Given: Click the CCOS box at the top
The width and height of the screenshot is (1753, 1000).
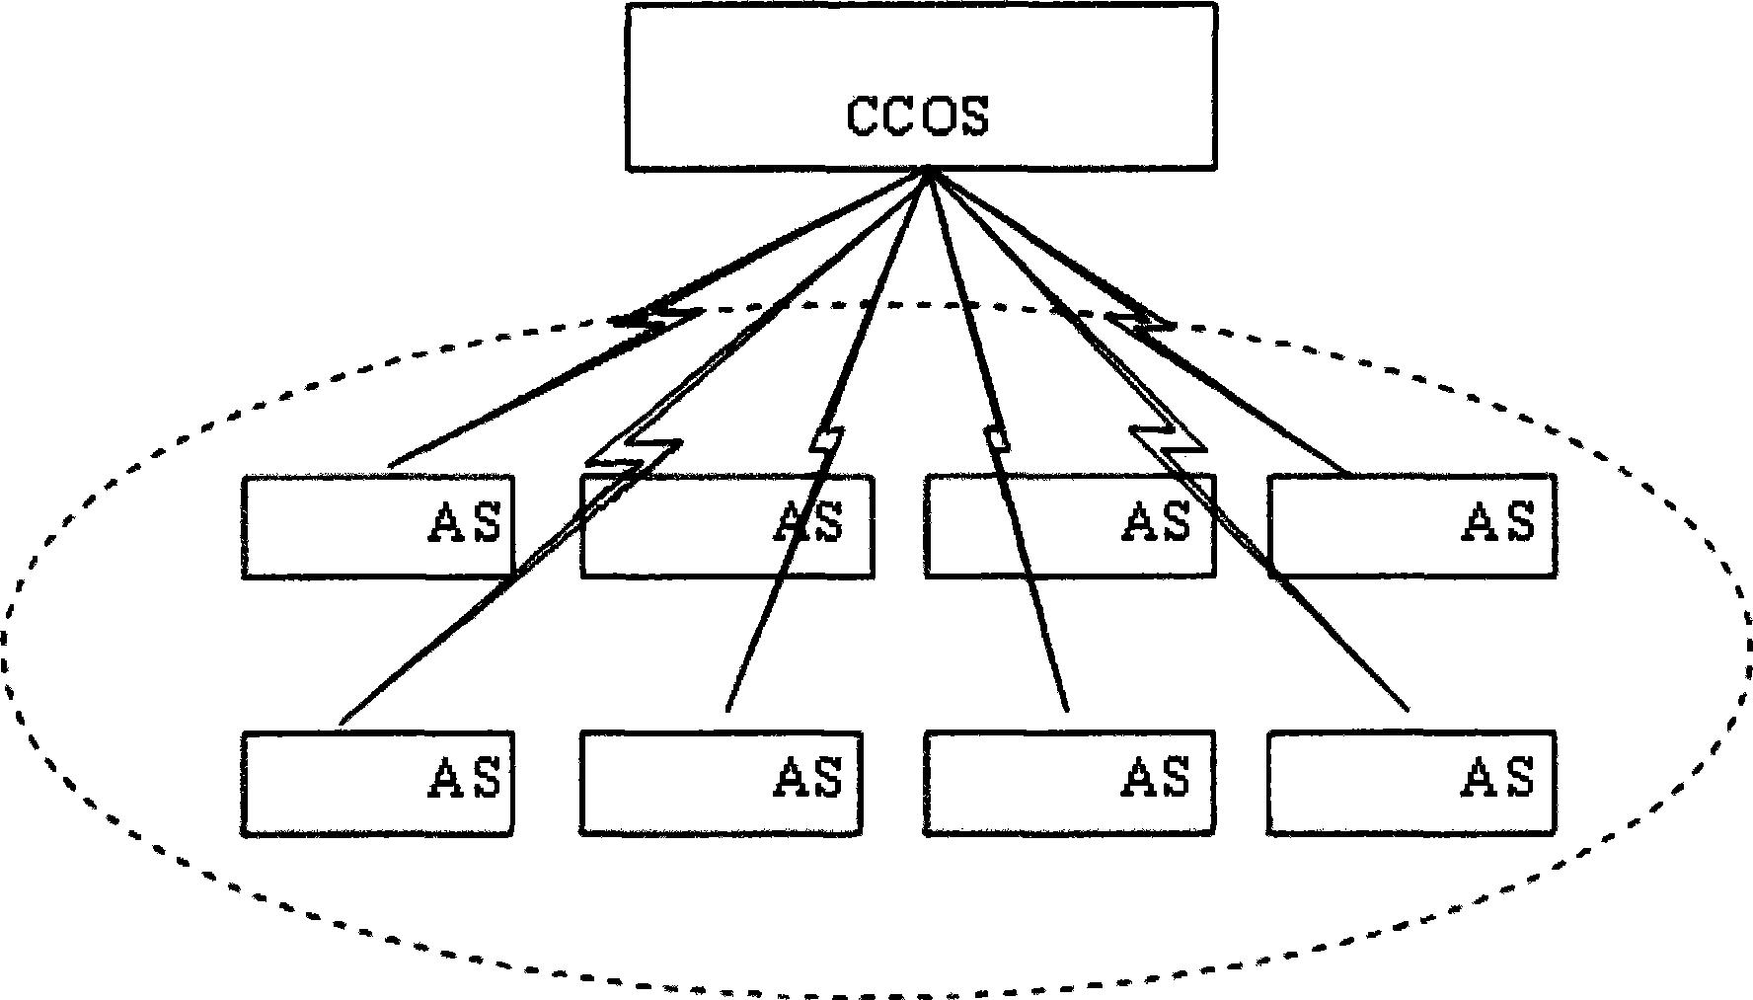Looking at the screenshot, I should click(x=920, y=87).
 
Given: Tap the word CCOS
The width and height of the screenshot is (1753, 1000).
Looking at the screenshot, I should click(x=917, y=116).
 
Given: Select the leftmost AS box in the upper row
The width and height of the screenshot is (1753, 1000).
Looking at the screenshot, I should click(x=377, y=526).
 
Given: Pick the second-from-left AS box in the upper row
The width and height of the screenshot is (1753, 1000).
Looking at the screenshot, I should click(x=726, y=526).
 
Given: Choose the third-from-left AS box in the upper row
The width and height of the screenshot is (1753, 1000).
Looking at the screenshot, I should click(x=1070, y=526).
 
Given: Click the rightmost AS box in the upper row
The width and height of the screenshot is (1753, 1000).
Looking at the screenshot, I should click(x=1411, y=526).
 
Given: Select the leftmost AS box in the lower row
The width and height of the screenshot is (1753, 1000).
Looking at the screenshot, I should click(x=377, y=784).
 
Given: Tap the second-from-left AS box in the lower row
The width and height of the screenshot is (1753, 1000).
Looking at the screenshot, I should click(x=721, y=784).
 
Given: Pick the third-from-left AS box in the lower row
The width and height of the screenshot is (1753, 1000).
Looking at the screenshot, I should click(x=1069, y=784).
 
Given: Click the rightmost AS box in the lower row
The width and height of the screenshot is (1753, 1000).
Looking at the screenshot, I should click(x=1411, y=784).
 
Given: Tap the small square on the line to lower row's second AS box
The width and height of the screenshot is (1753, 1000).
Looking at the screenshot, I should click(x=826, y=439).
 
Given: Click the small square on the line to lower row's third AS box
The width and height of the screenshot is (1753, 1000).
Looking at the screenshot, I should click(x=999, y=439).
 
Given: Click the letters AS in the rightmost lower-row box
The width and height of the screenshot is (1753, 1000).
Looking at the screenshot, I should click(x=1498, y=779).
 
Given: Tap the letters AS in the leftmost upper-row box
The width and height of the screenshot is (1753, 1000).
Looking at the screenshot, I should click(x=465, y=522).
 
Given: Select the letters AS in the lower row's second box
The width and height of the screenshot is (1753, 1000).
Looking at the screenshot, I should click(x=808, y=779).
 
